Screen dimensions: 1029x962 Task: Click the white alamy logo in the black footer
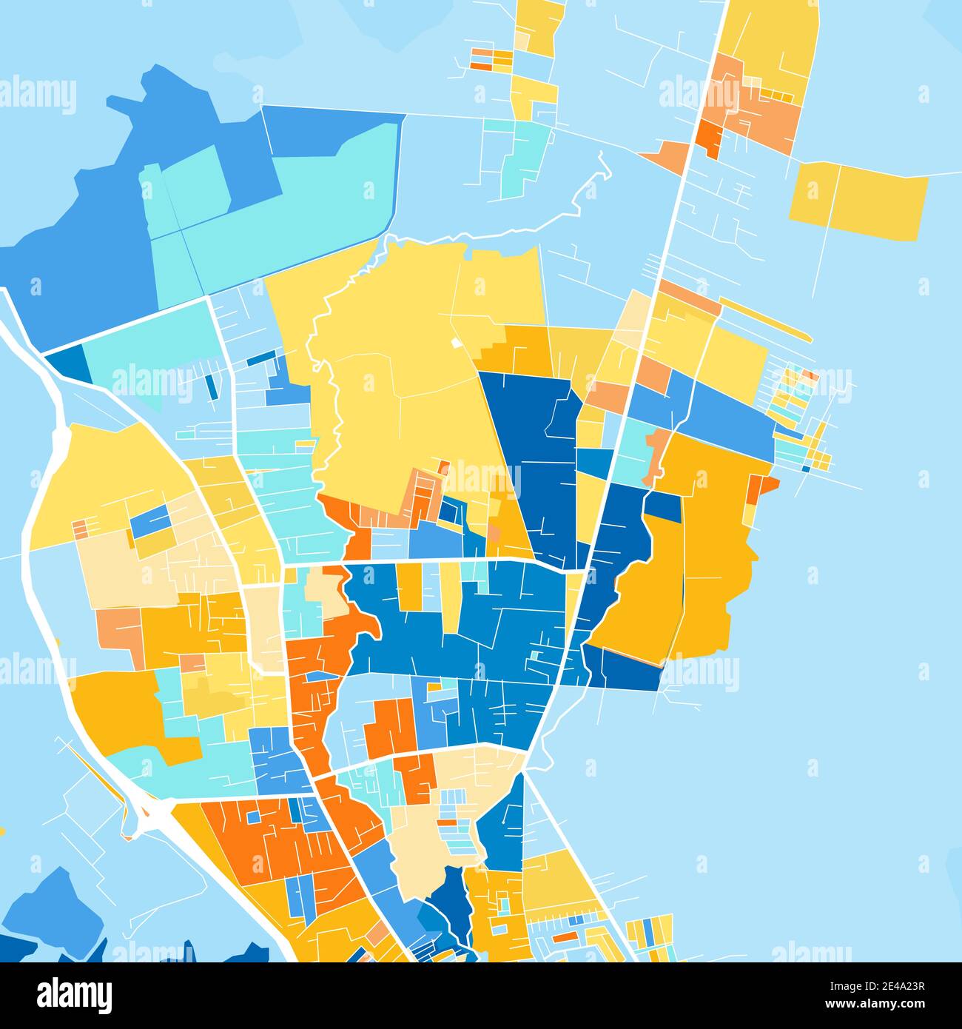click(74, 995)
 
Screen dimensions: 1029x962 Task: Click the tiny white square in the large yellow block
click(455, 343)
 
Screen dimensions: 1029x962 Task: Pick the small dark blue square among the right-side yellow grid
click(804, 468)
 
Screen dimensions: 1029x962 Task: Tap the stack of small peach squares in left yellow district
click(80, 529)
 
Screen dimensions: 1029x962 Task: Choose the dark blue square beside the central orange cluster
click(449, 510)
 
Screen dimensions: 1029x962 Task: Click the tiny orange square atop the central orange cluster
click(445, 467)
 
